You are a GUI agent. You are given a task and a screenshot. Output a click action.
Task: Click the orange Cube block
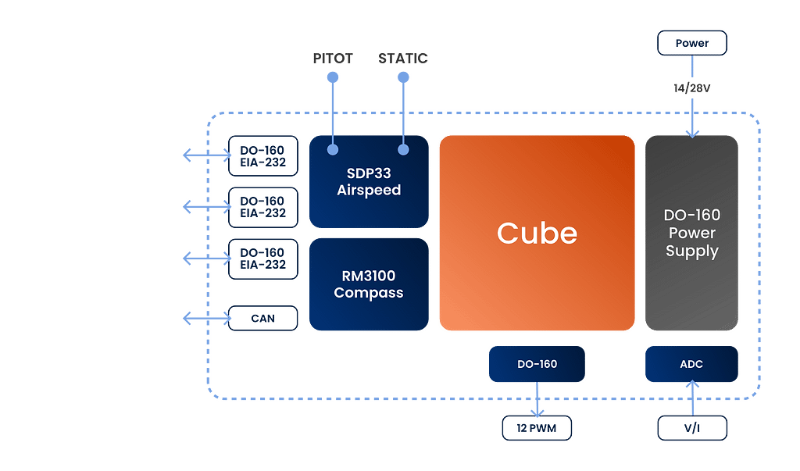tap(537, 233)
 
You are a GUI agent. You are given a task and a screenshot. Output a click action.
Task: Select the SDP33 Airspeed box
tap(369, 181)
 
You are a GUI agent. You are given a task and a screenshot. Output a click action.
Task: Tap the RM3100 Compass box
tap(369, 284)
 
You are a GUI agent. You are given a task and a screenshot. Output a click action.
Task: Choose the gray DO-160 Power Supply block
tap(691, 233)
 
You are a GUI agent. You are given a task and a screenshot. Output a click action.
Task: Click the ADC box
tap(691, 365)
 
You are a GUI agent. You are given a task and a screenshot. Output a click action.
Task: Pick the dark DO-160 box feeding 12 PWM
tap(537, 365)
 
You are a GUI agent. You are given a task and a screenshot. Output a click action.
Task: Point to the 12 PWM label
tap(537, 427)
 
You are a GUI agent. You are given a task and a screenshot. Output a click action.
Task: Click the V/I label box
tap(692, 427)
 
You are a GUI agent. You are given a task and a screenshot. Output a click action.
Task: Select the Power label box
tap(692, 43)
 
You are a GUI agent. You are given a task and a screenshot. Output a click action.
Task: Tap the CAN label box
tap(262, 318)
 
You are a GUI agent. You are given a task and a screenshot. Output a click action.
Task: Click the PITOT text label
tap(332, 59)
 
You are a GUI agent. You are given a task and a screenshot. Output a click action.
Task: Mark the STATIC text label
tap(404, 59)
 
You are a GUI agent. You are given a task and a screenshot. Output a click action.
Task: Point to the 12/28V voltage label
tap(692, 88)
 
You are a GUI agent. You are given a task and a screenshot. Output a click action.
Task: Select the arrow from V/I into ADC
tap(692, 398)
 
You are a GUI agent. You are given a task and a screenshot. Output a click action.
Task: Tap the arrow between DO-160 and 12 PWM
tap(537, 400)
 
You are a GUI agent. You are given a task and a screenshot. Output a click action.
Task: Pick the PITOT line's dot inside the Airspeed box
tap(332, 149)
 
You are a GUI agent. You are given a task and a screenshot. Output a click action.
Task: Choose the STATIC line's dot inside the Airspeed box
tap(404, 149)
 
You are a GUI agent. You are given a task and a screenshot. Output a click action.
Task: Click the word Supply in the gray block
tap(692, 252)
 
